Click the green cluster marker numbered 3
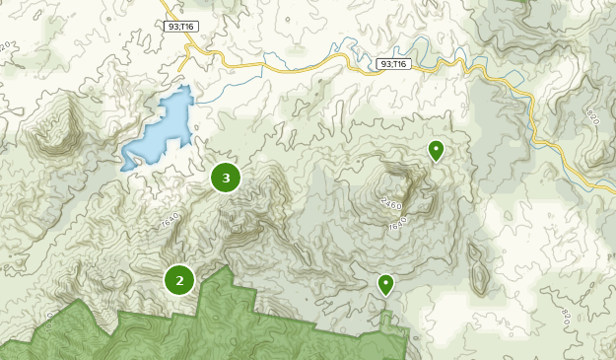click(x=226, y=178)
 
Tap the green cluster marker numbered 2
click(x=179, y=280)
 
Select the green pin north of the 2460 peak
click(x=436, y=150)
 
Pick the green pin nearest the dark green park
click(x=385, y=284)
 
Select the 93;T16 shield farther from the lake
click(x=392, y=64)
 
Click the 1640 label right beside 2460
click(x=397, y=225)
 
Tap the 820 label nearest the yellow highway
click(x=592, y=115)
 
